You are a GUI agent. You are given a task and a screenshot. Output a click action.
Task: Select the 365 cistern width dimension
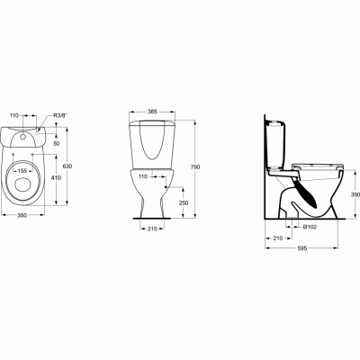click(x=152, y=111)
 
